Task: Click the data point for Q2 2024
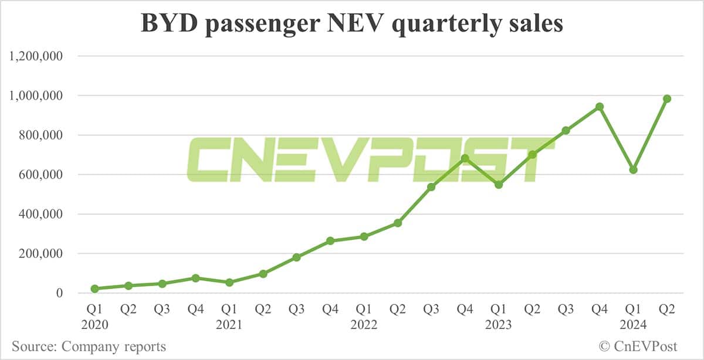pyautogui.click(x=666, y=99)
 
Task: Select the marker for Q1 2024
pyautogui.click(x=633, y=170)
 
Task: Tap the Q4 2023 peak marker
pyautogui.click(x=600, y=107)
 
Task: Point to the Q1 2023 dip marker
pyautogui.click(x=499, y=185)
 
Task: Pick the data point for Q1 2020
pyautogui.click(x=95, y=288)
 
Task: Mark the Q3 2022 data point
pyautogui.click(x=431, y=187)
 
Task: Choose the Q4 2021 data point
pyautogui.click(x=330, y=241)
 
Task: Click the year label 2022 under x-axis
pyautogui.click(x=364, y=324)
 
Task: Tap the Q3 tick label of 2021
pyautogui.click(x=297, y=309)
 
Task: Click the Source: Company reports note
pyautogui.click(x=89, y=347)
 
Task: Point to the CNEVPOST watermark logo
pyautogui.click(x=370, y=159)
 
